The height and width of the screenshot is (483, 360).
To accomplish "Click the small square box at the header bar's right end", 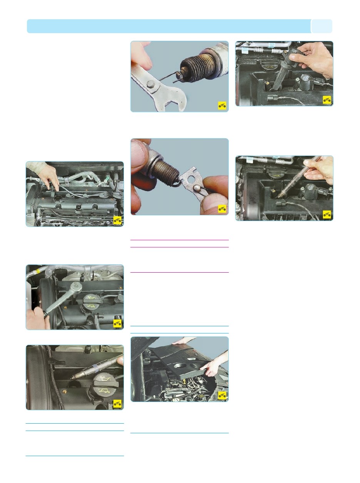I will (321, 26).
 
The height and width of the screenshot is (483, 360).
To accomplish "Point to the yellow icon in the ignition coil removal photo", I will (327, 100).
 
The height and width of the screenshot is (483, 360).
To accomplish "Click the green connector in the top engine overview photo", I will (105, 178).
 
